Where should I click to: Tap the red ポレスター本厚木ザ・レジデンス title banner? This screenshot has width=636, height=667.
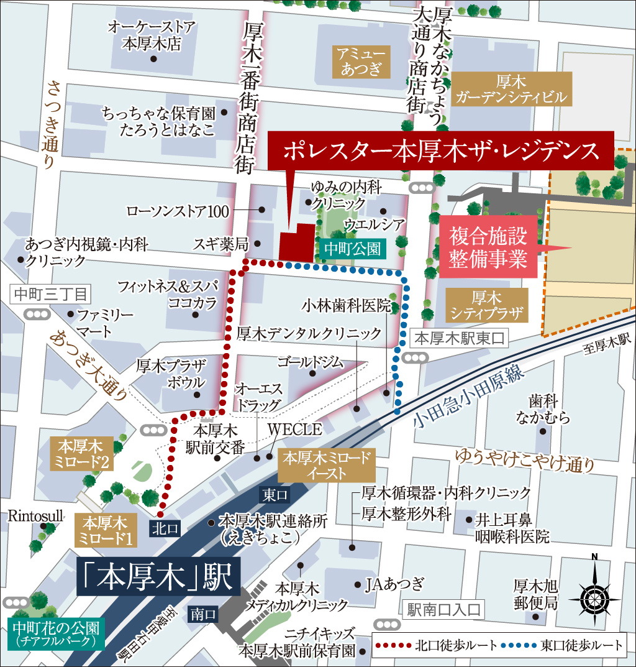(441, 150)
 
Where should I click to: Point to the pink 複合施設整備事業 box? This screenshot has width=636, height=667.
(488, 247)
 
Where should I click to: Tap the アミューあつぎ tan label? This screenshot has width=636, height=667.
(361, 62)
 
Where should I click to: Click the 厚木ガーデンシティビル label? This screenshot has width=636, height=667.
(511, 88)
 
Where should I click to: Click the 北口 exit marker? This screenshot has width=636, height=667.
(165, 528)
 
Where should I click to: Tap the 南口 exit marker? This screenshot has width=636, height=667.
(203, 614)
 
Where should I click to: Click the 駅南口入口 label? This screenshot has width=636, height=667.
(442, 610)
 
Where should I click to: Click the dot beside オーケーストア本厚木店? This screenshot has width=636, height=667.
(153, 59)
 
